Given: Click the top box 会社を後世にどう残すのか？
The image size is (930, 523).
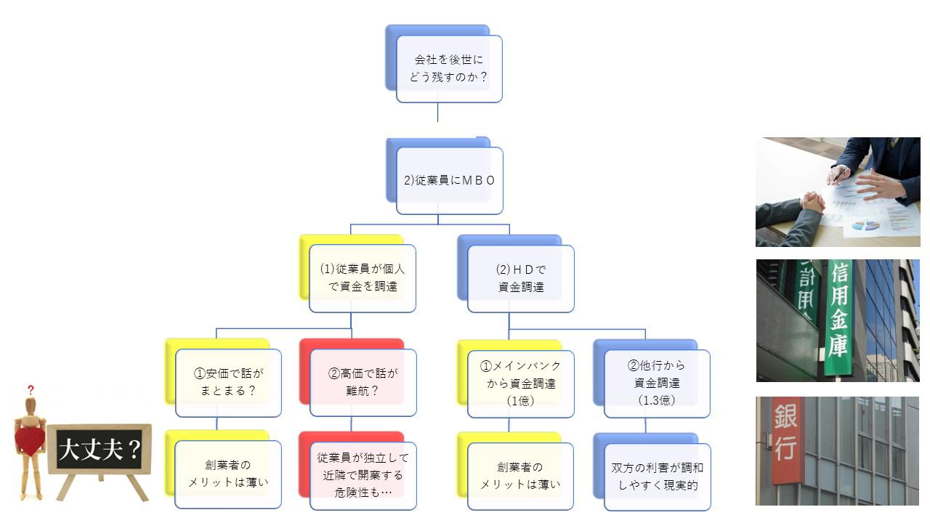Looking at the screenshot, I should coord(449,68).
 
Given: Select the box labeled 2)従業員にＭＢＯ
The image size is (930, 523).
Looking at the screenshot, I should coord(449,181).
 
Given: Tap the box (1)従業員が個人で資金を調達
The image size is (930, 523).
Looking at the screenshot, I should coord(363,277).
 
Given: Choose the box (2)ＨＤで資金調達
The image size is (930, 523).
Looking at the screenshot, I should coord(520,277).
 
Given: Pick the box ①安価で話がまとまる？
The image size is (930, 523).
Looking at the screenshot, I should coord(228,383).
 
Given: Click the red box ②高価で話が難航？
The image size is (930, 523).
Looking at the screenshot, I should coord(363,383).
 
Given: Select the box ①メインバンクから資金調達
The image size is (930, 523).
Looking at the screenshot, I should coord(520,384).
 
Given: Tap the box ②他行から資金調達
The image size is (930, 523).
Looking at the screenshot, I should coord(657,384).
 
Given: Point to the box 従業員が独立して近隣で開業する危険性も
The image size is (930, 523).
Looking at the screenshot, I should coord(363,475).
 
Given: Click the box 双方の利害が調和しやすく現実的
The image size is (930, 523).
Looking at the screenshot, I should coord(657,477).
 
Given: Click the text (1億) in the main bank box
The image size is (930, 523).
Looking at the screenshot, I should coord(520,400).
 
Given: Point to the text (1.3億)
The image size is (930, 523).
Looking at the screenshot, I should coord(657,400).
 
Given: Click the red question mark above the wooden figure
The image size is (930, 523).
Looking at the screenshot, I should coord(31,390).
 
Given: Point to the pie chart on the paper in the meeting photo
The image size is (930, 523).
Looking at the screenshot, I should coord(865,225).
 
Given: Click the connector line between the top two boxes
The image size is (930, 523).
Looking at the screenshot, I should coord(437,112).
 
